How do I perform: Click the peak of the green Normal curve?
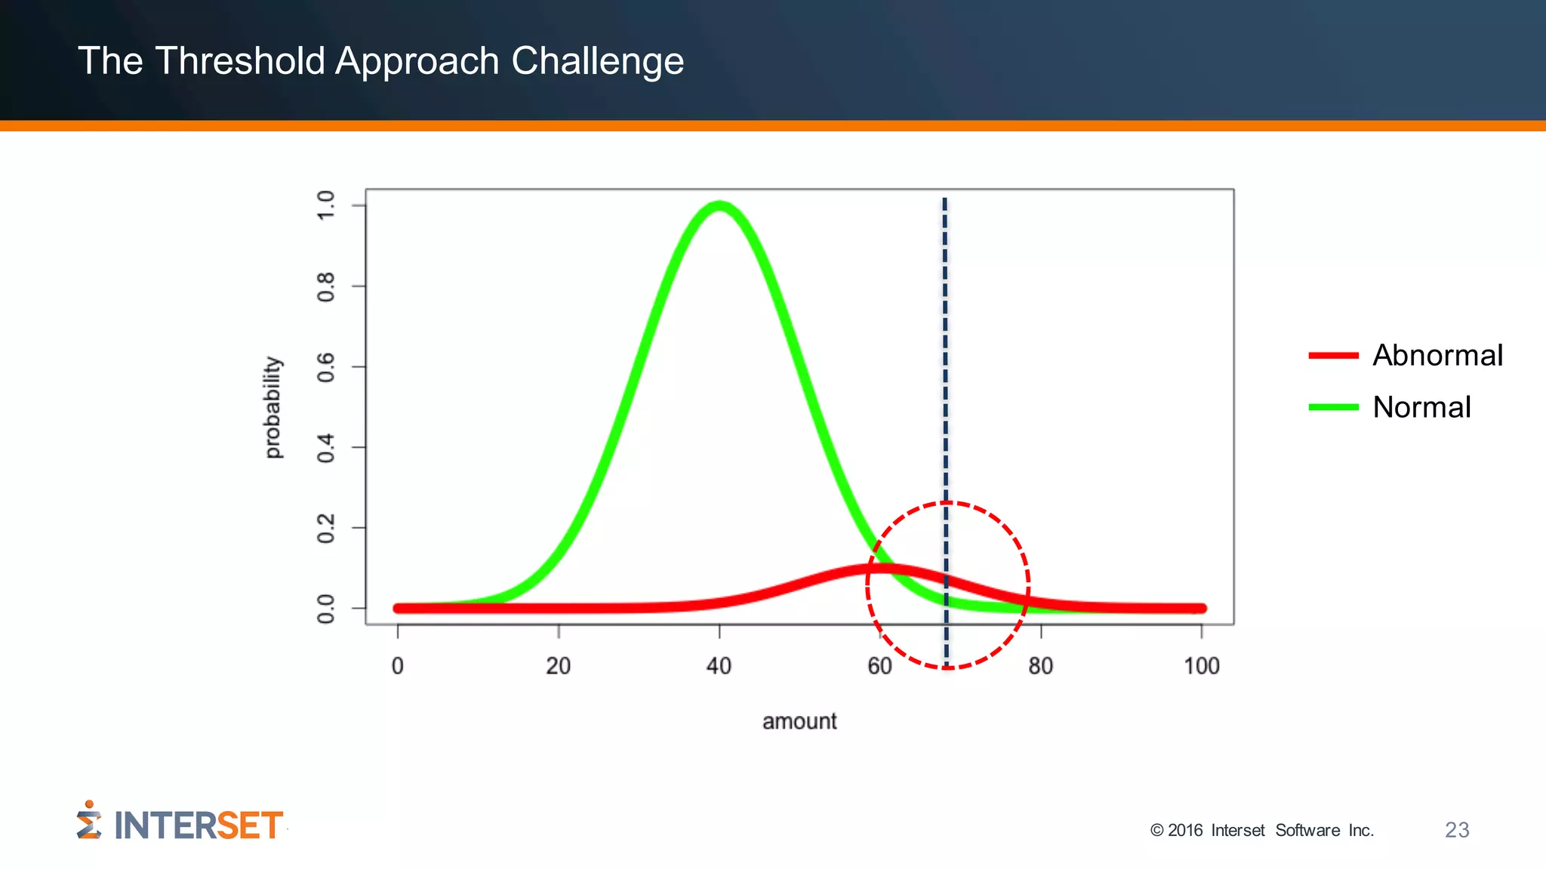click(x=719, y=206)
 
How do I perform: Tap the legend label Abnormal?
click(x=1437, y=355)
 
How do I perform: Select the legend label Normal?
click(x=1421, y=407)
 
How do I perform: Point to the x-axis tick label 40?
click(x=719, y=666)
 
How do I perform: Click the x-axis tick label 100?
click(x=1201, y=666)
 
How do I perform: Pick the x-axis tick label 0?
click(x=398, y=666)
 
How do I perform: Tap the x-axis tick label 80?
click(x=1040, y=666)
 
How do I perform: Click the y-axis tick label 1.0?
click(x=325, y=205)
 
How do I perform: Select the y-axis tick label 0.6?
click(x=325, y=367)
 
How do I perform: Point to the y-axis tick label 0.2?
click(x=325, y=528)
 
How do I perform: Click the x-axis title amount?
click(x=799, y=721)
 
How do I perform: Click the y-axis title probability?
click(x=273, y=407)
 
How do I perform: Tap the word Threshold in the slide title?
click(x=240, y=60)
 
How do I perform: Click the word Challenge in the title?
click(x=597, y=60)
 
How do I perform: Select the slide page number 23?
click(x=1457, y=830)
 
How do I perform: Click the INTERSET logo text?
click(x=198, y=825)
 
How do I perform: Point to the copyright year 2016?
click(x=1185, y=830)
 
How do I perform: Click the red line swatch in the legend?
click(x=1333, y=355)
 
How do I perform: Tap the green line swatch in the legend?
click(x=1333, y=407)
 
